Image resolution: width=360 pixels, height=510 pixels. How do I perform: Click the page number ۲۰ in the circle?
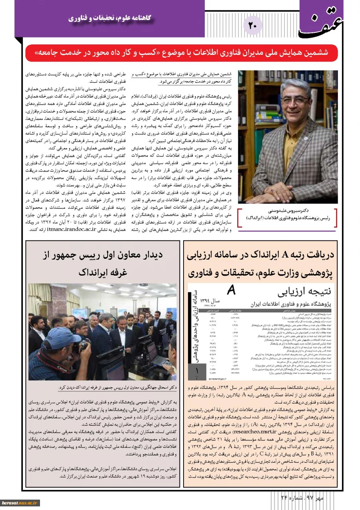click(253, 26)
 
